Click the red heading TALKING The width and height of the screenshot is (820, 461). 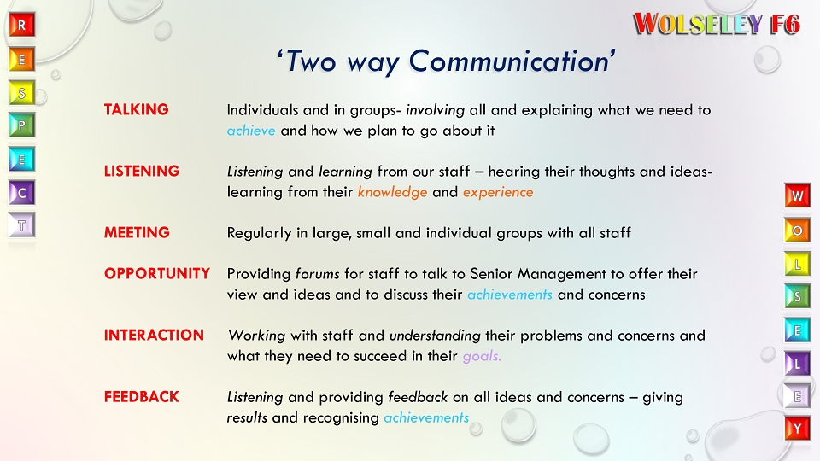136,109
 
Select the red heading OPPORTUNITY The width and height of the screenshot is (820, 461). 157,273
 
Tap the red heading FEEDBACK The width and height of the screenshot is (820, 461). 141,397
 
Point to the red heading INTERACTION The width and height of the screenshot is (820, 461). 154,335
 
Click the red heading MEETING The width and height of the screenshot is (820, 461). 137,232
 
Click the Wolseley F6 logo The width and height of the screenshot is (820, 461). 717,24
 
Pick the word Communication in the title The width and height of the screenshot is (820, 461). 509,61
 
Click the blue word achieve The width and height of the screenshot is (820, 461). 251,131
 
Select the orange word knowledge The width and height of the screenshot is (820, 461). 392,192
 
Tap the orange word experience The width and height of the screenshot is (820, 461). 498,193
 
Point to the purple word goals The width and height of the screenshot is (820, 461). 482,357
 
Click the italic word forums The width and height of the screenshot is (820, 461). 317,273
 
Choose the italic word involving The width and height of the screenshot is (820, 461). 435,110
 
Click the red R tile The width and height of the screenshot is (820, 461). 22,25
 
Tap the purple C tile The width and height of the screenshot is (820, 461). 22,193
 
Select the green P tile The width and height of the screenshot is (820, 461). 22,125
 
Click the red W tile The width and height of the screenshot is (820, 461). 797,195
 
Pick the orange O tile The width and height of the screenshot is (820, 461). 797,230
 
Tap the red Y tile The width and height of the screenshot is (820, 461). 797,429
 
